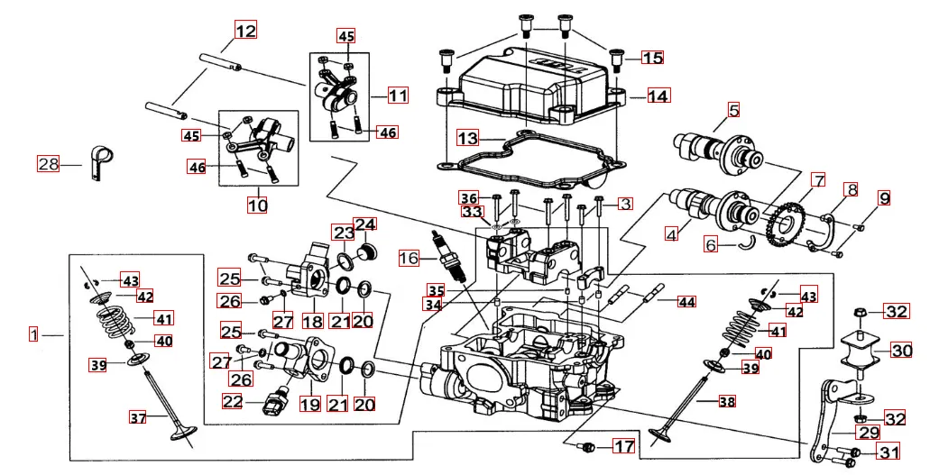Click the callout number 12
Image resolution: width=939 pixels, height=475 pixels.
point(245,30)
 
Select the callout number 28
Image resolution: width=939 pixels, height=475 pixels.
point(48,164)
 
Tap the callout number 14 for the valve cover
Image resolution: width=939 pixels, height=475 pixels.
point(658,96)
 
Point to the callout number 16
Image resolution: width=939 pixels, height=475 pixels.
point(409,258)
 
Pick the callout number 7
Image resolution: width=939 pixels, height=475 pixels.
point(818,180)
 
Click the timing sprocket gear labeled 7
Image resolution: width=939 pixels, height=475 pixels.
point(783,224)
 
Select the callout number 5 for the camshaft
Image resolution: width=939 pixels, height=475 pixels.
point(733,111)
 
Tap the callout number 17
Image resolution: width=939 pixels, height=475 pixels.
point(624,446)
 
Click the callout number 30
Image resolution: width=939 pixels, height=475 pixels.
point(901,350)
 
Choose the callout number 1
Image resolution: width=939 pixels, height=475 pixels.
point(33,335)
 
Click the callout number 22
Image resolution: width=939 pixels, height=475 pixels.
point(233,401)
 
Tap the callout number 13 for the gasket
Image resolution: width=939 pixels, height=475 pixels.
point(467,139)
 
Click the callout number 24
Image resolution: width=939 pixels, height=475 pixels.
point(365,224)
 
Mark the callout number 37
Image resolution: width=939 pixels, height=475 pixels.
point(137,417)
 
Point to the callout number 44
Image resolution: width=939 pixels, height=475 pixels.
point(687,302)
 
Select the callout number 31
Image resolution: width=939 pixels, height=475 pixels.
point(888,452)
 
